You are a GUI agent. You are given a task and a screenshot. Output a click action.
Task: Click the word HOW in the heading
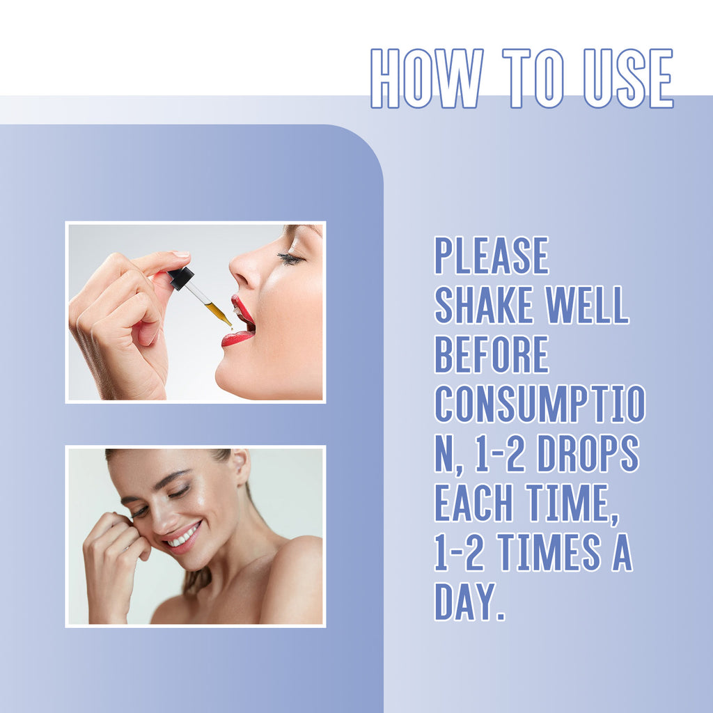[427, 78]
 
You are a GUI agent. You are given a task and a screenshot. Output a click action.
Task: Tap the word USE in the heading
[628, 78]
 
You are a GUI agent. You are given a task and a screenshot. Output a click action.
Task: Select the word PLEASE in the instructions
[492, 255]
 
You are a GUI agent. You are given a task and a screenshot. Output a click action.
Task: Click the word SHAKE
[484, 305]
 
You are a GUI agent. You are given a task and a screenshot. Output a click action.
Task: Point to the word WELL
[587, 305]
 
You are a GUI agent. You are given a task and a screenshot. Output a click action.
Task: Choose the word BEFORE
[492, 354]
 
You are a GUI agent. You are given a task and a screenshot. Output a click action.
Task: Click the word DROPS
[588, 453]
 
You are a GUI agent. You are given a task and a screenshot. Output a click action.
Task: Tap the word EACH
[473, 503]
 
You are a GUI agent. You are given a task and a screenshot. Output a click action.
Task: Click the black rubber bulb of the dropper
[181, 278]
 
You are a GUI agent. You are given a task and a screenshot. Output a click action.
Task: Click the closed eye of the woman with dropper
[291, 259]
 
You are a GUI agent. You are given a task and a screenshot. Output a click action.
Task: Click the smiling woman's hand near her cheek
[113, 564]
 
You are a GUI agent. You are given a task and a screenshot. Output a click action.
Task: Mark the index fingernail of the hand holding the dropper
[180, 254]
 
